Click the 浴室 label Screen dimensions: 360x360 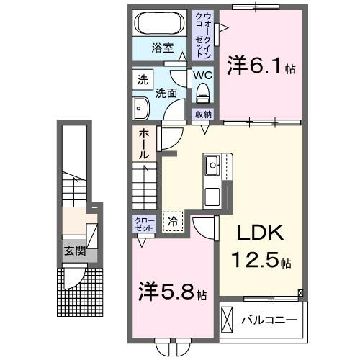161,48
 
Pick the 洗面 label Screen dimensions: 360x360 166,94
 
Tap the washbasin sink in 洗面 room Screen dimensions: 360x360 140,109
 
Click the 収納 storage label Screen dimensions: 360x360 203,114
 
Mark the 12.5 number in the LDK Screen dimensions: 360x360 251,260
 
